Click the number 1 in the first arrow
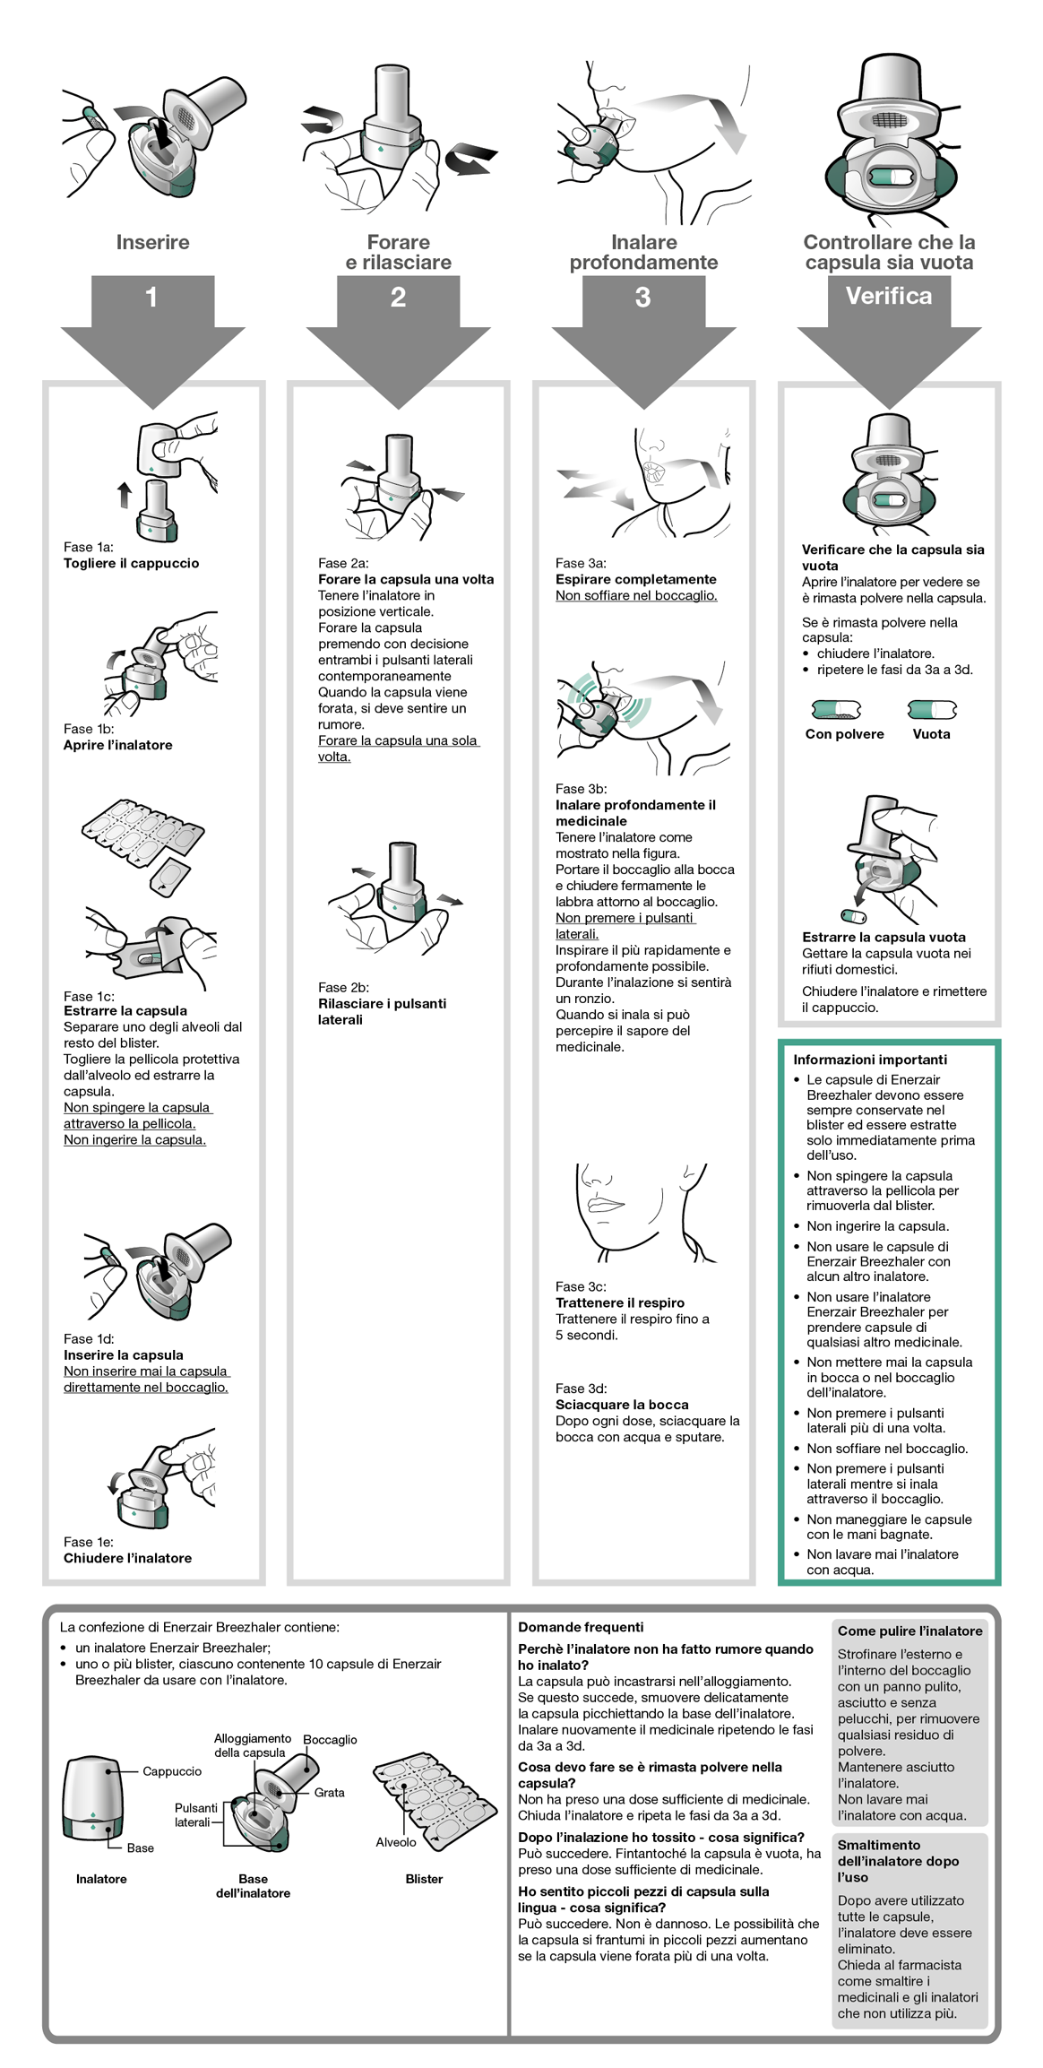point(151,297)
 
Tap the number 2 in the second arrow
point(398,297)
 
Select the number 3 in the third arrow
point(642,297)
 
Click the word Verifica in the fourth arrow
point(889,296)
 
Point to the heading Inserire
point(152,242)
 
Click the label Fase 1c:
point(89,996)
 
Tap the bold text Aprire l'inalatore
point(117,745)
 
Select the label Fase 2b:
point(343,987)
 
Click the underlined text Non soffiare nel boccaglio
point(636,595)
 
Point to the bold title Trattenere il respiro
point(619,1302)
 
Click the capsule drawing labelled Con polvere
point(836,710)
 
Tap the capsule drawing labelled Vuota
point(932,710)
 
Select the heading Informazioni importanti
point(870,1060)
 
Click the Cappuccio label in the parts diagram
point(172,1771)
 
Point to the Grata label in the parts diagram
point(329,1792)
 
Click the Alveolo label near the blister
point(395,1842)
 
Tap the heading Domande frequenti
point(581,1627)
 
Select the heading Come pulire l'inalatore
point(909,1631)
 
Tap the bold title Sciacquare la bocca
point(622,1405)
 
